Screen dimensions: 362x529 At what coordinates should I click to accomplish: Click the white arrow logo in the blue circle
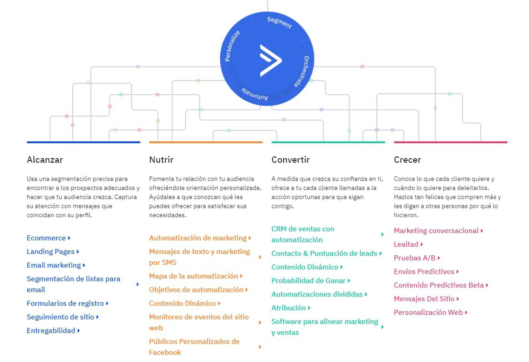click(270, 60)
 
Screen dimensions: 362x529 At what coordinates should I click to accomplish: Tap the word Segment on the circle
click(279, 23)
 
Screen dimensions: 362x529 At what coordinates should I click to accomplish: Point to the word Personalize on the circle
click(232, 46)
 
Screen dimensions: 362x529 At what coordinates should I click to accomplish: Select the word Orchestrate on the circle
click(302, 71)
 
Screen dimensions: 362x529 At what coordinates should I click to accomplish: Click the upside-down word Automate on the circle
click(255, 94)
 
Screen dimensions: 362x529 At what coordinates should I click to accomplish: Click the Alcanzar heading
click(45, 160)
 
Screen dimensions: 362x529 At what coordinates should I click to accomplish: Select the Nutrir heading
click(161, 160)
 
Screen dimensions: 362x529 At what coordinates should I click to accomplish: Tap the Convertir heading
click(290, 160)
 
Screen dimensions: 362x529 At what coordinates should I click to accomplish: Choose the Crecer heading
click(407, 160)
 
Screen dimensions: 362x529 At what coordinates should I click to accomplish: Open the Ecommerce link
click(46, 238)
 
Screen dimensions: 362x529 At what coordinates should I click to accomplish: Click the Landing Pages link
click(51, 252)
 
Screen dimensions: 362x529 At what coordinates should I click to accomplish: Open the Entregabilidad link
click(51, 331)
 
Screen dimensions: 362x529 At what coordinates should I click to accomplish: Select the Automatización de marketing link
click(198, 238)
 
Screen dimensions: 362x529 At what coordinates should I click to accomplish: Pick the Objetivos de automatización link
click(196, 290)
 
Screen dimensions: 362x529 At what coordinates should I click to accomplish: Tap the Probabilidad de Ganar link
click(308, 281)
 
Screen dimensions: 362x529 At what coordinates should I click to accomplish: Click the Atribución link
click(289, 308)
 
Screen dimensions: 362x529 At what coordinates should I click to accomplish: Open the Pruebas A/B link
click(415, 258)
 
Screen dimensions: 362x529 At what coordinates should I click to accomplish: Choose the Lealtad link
click(406, 244)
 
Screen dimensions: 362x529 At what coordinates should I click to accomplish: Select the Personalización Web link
click(428, 312)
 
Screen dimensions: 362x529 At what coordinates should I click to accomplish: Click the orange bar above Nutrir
click(206, 142)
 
